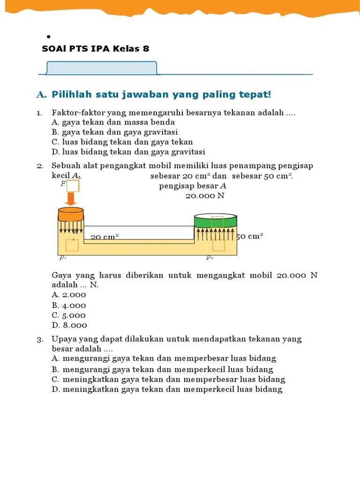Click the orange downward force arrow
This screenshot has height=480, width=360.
tap(71, 199)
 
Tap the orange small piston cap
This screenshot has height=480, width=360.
tap(70, 214)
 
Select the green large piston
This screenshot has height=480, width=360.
tap(216, 221)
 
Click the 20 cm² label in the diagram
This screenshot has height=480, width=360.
tap(104, 237)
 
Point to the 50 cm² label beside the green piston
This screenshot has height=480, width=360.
tap(250, 236)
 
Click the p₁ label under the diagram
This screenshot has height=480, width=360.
tap(63, 257)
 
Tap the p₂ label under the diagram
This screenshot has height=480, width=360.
tap(210, 257)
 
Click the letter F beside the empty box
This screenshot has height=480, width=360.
tap(62, 184)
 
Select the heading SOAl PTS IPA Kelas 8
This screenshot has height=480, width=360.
tap(96, 49)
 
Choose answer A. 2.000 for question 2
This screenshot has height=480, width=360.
tap(69, 295)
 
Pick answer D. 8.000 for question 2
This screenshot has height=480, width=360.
tap(69, 325)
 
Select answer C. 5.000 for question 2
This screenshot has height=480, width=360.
tap(69, 315)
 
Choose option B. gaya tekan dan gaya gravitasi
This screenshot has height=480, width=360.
tap(114, 132)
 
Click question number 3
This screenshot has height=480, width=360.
tap(40, 339)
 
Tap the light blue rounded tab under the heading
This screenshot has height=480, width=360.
tap(101, 68)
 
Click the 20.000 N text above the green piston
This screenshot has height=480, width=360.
tap(205, 196)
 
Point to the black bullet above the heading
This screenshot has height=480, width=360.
tap(48, 36)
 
